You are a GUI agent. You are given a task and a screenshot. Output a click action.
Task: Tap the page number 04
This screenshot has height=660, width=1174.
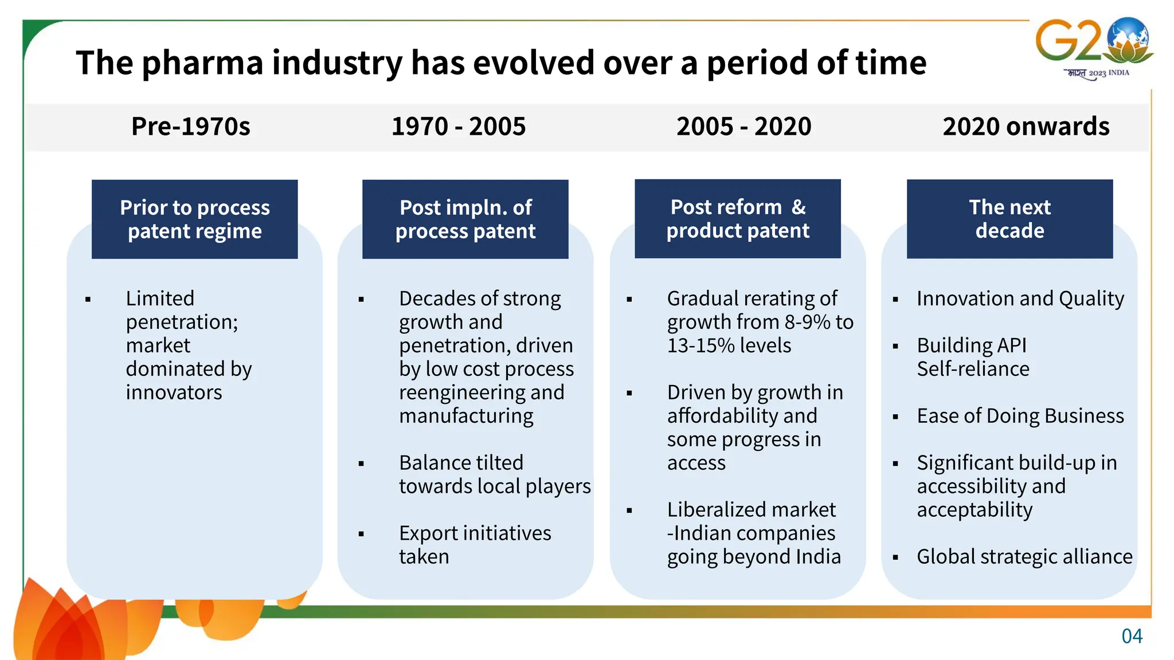click(1132, 636)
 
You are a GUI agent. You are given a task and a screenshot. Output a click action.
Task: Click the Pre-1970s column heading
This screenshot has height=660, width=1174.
click(190, 127)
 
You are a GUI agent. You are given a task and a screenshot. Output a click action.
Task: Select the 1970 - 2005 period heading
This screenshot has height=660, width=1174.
click(458, 127)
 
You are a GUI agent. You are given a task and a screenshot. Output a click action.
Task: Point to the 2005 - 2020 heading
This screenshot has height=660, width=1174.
click(743, 127)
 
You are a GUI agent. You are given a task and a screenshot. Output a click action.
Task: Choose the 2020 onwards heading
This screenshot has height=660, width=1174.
click(1026, 127)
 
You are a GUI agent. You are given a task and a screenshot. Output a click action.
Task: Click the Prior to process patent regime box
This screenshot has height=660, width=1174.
click(194, 219)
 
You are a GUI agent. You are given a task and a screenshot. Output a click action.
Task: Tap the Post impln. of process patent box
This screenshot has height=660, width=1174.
click(465, 219)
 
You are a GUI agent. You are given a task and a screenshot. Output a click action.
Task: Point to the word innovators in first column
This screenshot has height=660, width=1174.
click(174, 392)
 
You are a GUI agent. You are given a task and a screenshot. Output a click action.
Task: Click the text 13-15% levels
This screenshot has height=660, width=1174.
click(729, 345)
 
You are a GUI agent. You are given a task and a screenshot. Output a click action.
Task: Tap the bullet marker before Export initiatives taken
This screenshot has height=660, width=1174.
click(361, 534)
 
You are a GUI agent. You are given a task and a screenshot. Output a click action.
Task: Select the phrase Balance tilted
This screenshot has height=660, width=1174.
click(461, 462)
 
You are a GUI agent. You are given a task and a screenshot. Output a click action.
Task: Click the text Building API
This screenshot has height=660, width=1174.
click(971, 345)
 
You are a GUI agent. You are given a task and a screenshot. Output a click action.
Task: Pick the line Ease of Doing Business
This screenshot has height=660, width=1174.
click(1020, 416)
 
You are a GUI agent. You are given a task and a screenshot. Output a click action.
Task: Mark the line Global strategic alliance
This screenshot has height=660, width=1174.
click(1024, 557)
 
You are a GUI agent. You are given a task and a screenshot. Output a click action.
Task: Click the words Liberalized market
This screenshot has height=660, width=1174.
click(751, 509)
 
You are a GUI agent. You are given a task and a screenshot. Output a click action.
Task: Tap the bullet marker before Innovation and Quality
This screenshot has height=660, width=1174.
click(895, 299)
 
